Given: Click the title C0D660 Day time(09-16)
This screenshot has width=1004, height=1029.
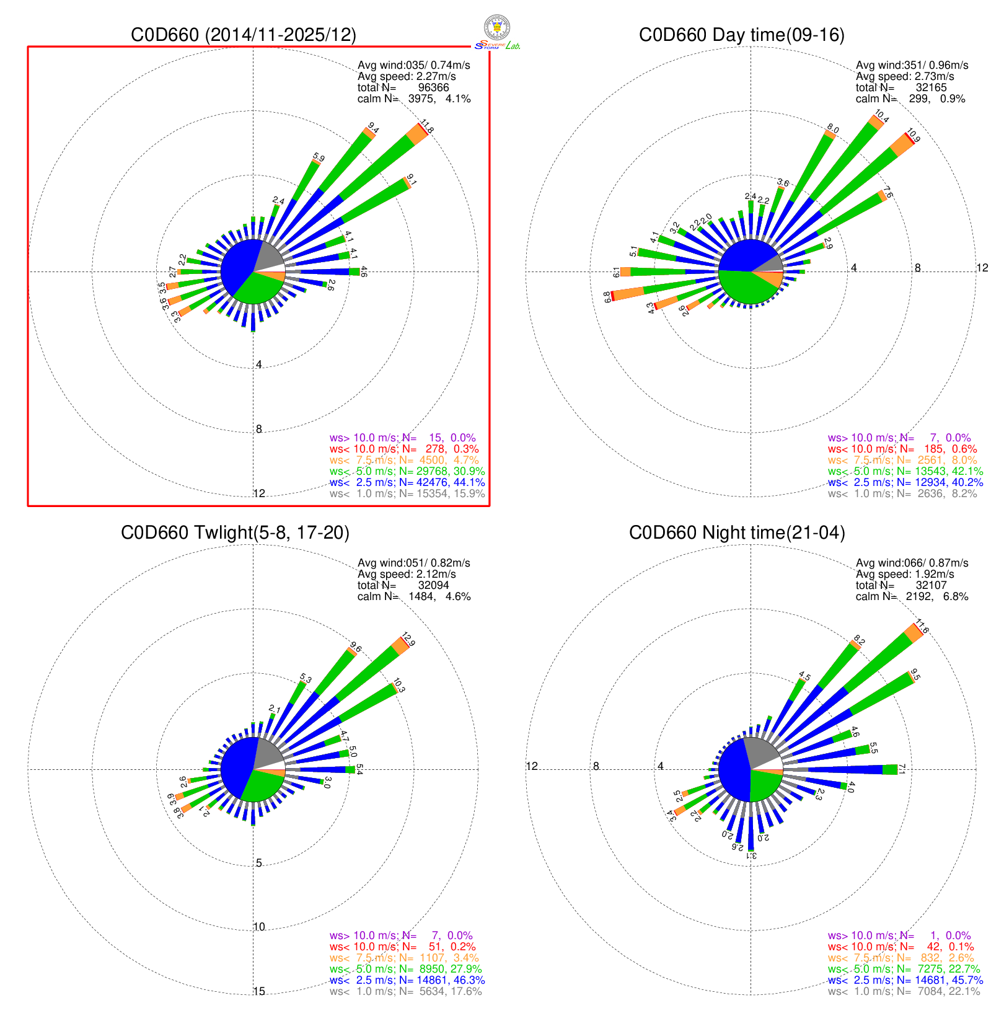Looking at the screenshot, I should pyautogui.click(x=741, y=35).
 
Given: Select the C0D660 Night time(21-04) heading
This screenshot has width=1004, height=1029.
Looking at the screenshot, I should pyautogui.click(x=737, y=532).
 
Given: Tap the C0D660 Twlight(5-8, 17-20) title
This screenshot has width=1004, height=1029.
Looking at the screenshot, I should pyautogui.click(x=235, y=532).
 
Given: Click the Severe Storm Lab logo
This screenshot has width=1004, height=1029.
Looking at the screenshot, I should pyautogui.click(x=497, y=33).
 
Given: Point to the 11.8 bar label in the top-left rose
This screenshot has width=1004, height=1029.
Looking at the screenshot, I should pyautogui.click(x=427, y=126).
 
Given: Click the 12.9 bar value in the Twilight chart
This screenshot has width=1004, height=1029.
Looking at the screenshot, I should pyautogui.click(x=408, y=639).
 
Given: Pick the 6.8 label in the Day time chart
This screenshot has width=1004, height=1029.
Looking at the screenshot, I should pyautogui.click(x=607, y=298).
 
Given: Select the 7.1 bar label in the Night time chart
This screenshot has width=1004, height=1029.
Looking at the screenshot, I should pyautogui.click(x=902, y=769).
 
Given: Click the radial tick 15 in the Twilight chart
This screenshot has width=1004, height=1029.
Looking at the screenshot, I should pyautogui.click(x=259, y=991).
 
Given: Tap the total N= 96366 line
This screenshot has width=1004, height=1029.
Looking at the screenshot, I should pyautogui.click(x=403, y=87).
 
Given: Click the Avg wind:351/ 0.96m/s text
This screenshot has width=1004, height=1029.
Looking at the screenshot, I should pyautogui.click(x=912, y=65).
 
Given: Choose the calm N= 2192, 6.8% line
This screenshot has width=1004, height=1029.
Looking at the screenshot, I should pyautogui.click(x=912, y=596).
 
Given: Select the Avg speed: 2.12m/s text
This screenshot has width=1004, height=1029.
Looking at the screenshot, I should pyautogui.click(x=407, y=574).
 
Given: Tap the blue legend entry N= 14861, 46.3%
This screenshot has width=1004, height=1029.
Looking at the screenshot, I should pyautogui.click(x=407, y=980).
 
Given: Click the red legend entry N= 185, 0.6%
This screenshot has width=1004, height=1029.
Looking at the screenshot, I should pyautogui.click(x=902, y=449).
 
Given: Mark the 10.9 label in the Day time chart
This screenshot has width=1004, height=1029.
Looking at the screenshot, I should pyautogui.click(x=914, y=135).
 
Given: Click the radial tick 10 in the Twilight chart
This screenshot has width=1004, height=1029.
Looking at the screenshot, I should pyautogui.click(x=259, y=927).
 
